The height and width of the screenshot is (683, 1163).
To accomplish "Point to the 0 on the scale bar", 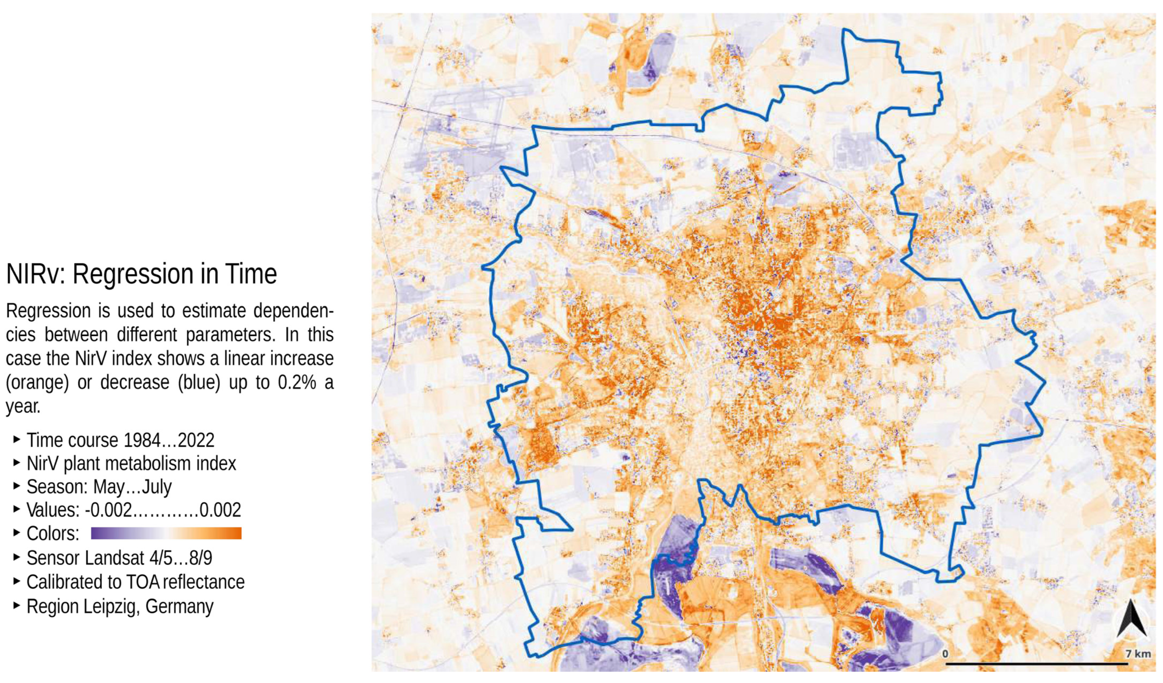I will click(945, 653).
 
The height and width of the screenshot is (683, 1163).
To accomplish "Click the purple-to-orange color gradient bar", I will click(166, 534).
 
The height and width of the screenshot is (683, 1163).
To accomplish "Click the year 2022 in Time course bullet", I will click(196, 440).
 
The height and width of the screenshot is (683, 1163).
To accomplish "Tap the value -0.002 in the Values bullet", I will click(108, 510).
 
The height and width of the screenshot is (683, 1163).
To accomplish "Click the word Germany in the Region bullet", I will click(180, 606).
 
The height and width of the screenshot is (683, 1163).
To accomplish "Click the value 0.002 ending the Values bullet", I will click(220, 510).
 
